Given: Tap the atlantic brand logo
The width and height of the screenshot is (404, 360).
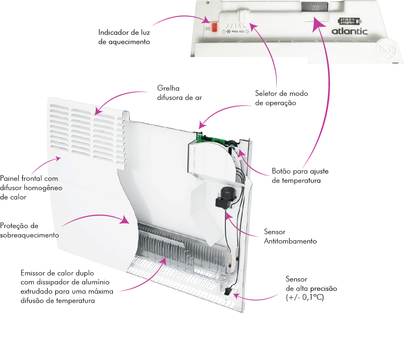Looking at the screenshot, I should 349,31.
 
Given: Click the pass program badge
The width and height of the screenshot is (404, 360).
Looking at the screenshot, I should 347,21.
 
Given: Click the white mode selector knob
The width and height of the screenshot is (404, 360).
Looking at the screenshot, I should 243,15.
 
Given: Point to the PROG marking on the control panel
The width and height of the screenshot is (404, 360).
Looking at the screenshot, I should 235,31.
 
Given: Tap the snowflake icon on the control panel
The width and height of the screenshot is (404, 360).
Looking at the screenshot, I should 228,31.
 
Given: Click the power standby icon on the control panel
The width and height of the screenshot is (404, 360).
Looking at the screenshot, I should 224,31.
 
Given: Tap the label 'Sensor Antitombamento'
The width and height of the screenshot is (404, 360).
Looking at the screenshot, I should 290,237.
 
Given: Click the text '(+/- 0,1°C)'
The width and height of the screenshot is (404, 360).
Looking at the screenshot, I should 305,297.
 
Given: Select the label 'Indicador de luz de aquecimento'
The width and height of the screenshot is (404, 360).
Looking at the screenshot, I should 124,37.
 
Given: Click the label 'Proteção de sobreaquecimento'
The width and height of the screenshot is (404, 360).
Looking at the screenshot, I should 29,230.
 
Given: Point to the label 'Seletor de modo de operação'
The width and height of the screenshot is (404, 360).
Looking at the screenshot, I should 281,98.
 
